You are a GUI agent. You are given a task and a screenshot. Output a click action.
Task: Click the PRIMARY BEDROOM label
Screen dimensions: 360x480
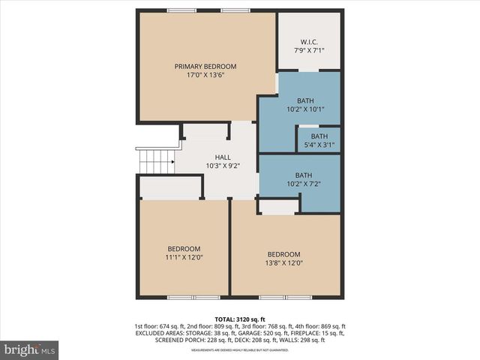(206, 66)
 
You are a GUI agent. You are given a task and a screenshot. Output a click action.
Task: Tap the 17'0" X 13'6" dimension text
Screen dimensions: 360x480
(206, 75)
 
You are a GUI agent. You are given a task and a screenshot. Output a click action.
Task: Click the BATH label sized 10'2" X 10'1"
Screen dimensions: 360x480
(305, 100)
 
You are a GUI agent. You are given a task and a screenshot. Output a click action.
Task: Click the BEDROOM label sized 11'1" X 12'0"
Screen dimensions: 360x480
(184, 248)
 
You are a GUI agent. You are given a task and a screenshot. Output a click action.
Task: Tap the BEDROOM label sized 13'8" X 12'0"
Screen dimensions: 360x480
(284, 253)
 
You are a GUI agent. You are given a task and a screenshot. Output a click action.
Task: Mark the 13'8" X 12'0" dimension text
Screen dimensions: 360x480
(284, 262)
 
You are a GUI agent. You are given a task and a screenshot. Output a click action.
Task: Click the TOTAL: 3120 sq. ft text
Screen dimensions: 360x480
(240, 318)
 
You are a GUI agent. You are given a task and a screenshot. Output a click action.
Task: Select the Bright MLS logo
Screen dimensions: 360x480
(30, 349)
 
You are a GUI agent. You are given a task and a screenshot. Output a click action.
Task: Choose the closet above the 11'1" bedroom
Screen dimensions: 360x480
(170, 187)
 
